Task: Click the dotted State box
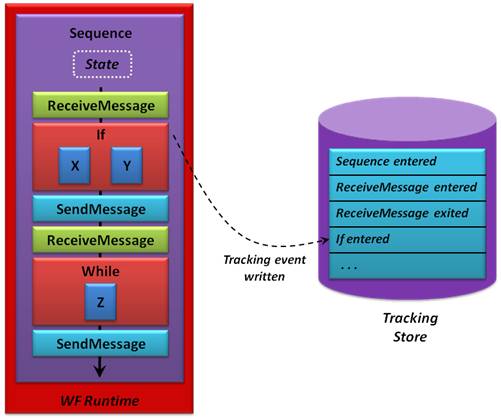102,64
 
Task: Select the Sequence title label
101,33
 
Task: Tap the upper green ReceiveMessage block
100,105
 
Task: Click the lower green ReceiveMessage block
100,240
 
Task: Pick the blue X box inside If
74,165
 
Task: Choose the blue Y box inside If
127,165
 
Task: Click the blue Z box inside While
100,302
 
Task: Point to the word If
101,135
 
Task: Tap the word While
101,271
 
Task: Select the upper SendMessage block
100,209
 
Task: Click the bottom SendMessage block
100,344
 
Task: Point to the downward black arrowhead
100,370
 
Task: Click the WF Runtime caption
100,401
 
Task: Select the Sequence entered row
407,162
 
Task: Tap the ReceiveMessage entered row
407,188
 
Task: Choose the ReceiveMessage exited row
407,214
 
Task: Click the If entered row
407,240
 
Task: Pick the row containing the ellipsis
407,266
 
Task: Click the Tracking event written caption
264,268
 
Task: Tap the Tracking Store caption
410,327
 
